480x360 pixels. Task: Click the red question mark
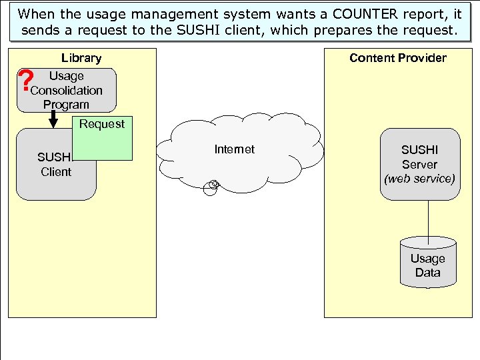click(x=26, y=81)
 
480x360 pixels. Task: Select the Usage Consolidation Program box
click(x=67, y=90)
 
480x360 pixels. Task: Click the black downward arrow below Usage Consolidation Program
click(x=53, y=120)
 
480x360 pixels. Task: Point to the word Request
click(x=102, y=124)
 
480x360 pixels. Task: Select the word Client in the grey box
click(x=56, y=172)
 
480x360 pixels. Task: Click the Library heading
click(x=81, y=58)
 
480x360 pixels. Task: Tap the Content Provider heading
click(x=398, y=58)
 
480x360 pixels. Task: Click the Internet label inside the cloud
click(x=234, y=149)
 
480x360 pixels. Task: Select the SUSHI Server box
click(x=419, y=165)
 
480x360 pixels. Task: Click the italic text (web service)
click(x=419, y=179)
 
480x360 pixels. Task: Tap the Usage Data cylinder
click(x=427, y=263)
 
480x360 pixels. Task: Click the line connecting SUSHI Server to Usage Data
click(x=427, y=219)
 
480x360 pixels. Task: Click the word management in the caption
click(x=153, y=13)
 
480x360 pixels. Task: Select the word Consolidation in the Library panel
click(x=67, y=91)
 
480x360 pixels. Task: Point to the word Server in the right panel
click(x=419, y=165)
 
